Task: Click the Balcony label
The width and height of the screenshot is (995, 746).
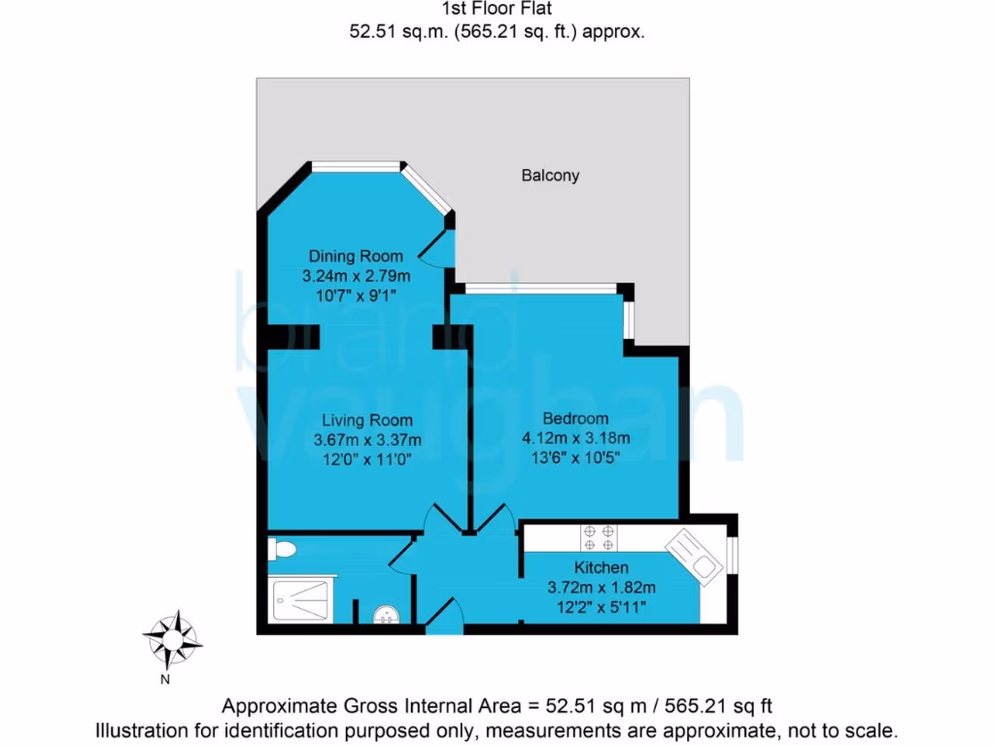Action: [x=550, y=176]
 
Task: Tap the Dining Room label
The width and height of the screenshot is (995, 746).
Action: [x=349, y=256]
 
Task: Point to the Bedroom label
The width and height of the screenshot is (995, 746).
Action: [x=575, y=419]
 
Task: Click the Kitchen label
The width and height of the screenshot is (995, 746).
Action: [x=601, y=567]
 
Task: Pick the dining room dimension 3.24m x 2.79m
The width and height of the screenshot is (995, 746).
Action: [x=349, y=276]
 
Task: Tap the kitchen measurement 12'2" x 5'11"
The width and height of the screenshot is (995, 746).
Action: [x=601, y=607]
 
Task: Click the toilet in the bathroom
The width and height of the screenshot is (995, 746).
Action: [x=283, y=550]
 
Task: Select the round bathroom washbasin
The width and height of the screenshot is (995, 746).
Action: [x=386, y=616]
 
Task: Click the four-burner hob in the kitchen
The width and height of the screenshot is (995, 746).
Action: [x=599, y=537]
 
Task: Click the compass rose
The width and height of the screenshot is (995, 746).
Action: [x=173, y=637]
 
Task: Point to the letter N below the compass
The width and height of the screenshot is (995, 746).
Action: [x=165, y=680]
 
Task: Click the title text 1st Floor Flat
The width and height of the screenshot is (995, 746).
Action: [x=497, y=10]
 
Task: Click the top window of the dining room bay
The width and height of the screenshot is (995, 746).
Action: [x=357, y=166]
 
